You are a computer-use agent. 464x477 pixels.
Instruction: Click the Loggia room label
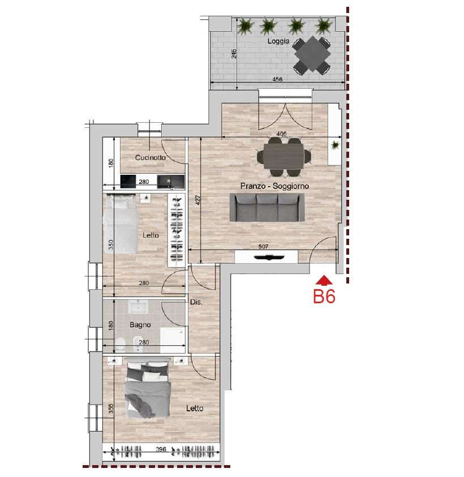click(x=278, y=41)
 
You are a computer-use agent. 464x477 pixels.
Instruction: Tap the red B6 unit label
click(x=324, y=296)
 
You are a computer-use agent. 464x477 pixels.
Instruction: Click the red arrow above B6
click(x=324, y=280)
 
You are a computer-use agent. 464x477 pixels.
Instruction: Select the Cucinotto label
click(x=151, y=157)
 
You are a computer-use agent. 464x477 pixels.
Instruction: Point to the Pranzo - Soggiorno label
click(x=274, y=186)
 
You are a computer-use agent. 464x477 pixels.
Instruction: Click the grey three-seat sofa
click(x=267, y=207)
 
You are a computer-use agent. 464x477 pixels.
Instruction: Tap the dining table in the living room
click(x=283, y=156)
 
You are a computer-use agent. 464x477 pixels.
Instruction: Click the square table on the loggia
click(x=312, y=55)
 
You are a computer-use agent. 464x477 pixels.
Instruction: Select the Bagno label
click(x=140, y=325)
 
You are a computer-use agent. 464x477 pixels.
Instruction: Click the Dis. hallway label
click(x=196, y=302)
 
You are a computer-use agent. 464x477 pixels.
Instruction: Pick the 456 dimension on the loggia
click(x=277, y=79)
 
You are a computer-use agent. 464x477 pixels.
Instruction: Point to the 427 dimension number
click(x=198, y=200)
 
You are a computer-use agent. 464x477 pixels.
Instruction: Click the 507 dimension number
click(x=264, y=246)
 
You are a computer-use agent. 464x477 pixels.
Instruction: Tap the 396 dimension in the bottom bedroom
click(x=161, y=449)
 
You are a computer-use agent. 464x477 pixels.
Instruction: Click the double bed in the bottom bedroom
click(x=148, y=387)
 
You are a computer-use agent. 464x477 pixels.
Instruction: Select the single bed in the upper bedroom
click(x=120, y=224)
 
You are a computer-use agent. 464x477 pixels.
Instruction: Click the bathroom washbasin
click(x=138, y=306)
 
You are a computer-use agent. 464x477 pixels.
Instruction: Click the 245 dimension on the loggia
click(x=234, y=54)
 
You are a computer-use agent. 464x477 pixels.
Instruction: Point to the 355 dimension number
click(x=111, y=408)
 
